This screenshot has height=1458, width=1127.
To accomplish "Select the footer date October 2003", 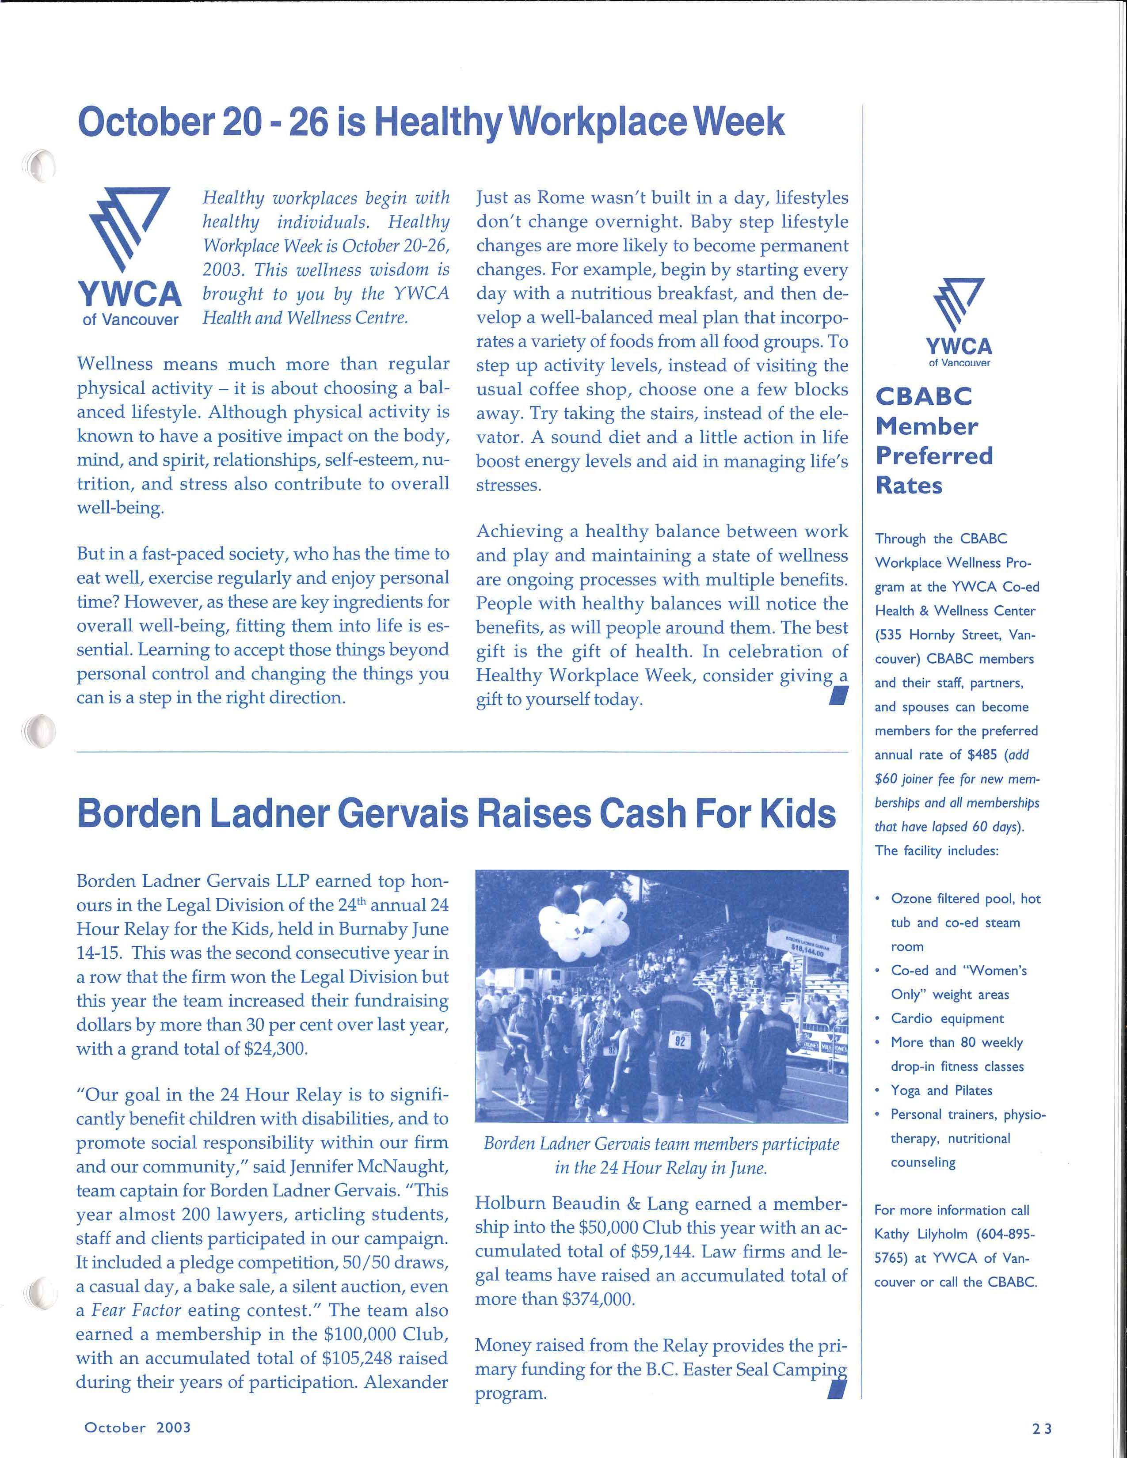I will click(x=137, y=1427).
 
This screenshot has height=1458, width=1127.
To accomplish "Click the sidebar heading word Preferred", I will click(x=934, y=456).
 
